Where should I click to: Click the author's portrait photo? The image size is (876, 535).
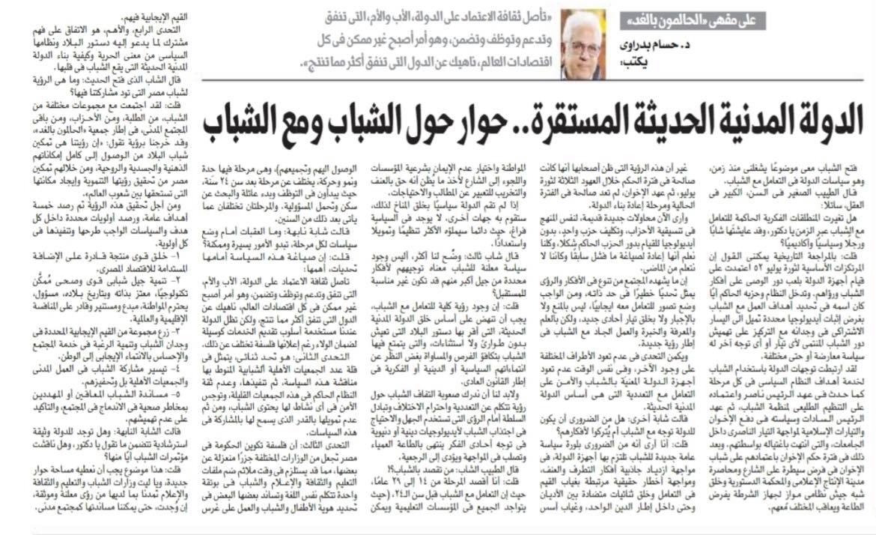(585, 43)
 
